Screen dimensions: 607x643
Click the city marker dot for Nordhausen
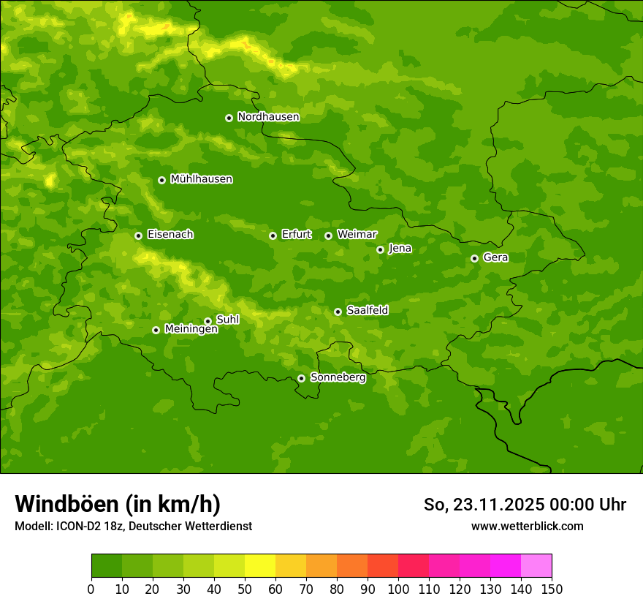229,118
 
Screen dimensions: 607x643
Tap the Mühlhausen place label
201,179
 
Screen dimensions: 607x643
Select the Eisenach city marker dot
138,235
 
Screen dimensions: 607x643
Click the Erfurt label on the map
296,235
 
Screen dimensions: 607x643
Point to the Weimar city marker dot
328,235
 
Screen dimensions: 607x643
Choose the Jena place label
400,249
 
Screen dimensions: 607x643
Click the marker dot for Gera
474,258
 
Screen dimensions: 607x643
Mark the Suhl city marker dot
208,321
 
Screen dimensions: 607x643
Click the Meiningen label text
191,330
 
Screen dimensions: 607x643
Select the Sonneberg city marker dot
301,378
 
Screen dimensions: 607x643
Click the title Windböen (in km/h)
118,504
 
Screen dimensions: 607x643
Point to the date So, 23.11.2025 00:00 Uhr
525,505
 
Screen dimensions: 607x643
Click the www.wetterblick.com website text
527,526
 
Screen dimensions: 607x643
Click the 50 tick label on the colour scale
245,589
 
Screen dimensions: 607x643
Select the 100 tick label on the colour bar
398,589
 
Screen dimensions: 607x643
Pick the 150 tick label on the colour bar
552,589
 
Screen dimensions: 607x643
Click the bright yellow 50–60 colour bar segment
260,566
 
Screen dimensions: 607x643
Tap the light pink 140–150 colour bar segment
536,566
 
